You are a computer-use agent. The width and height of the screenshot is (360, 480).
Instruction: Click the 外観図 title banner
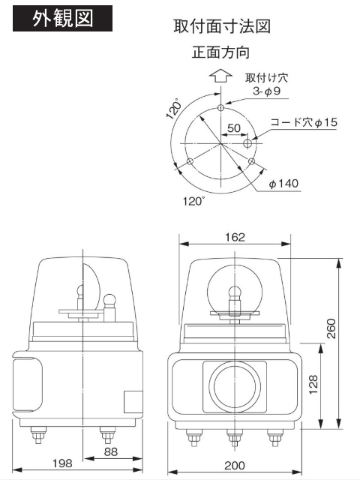tap(62, 19)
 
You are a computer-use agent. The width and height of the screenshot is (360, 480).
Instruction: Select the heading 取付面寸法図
tap(221, 27)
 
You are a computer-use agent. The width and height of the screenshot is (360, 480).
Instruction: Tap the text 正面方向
tap(221, 53)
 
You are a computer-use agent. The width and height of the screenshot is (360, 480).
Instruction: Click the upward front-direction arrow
tap(220, 76)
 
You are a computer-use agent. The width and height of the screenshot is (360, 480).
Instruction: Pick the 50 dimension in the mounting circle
tap(233, 128)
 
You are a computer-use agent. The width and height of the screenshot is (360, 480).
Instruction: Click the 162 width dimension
tap(234, 238)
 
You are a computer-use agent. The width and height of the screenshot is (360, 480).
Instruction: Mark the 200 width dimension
tap(234, 466)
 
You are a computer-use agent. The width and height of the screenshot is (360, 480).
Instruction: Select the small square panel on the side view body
tap(131, 400)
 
